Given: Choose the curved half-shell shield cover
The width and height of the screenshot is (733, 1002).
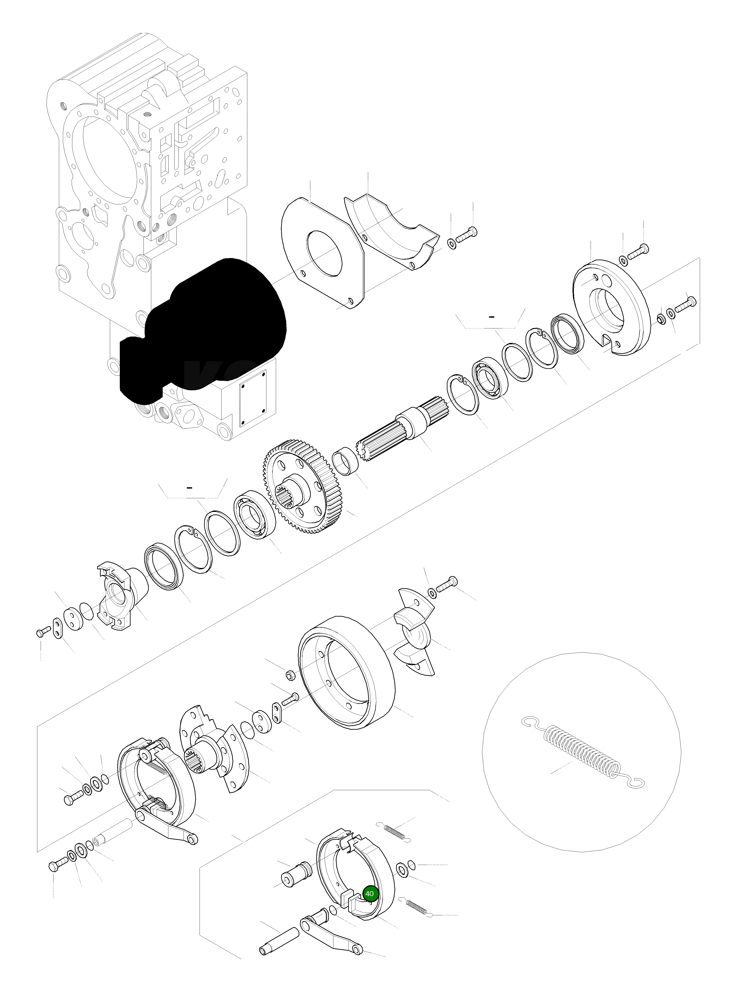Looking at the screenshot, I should coord(391,231).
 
